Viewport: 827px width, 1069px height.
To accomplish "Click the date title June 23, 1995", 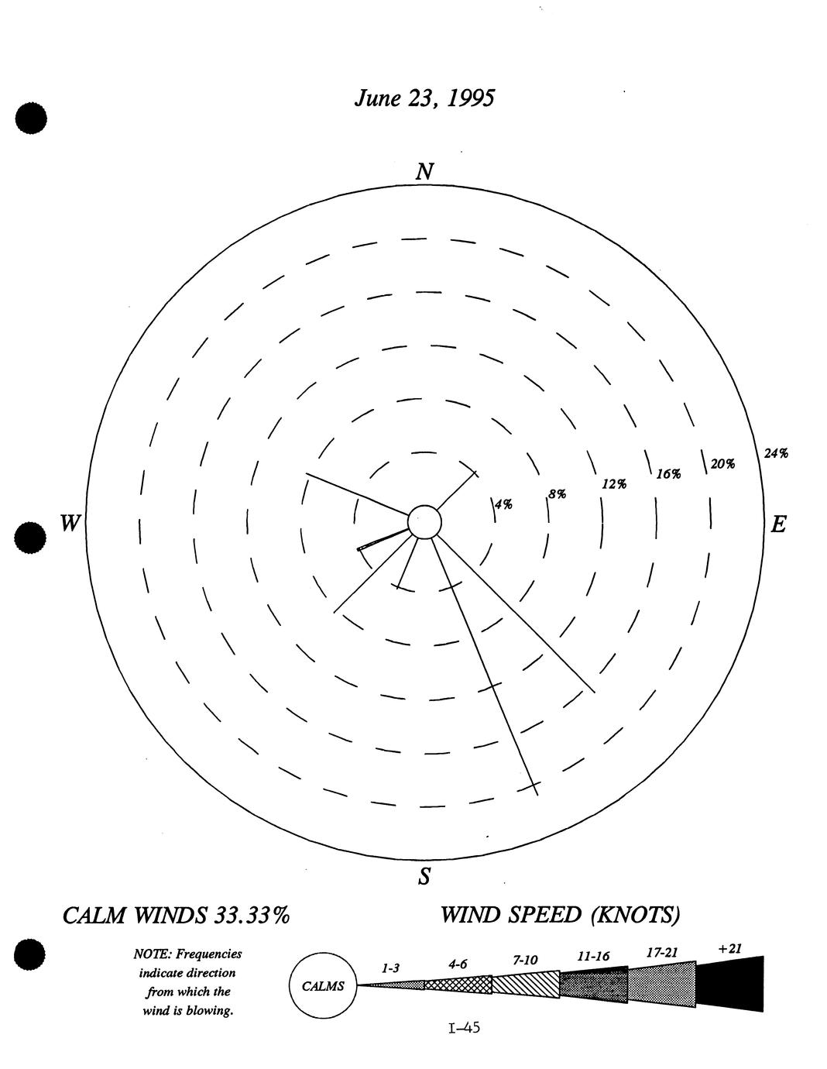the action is (x=424, y=98).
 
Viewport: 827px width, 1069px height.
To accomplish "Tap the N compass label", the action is (x=425, y=172).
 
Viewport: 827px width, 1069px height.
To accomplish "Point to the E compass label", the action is (x=778, y=524).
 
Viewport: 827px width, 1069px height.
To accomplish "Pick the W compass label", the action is (x=70, y=522).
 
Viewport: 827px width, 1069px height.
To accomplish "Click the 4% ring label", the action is (x=503, y=504).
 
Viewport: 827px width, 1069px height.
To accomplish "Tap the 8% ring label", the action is (x=558, y=494).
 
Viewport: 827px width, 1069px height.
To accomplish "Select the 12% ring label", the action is (x=615, y=484).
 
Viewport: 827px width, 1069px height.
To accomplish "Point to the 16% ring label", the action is (x=669, y=474).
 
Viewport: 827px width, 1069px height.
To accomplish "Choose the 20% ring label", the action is (x=722, y=464).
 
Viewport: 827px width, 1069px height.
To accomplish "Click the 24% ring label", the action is (x=776, y=454).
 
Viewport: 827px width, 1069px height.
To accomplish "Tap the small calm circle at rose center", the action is (x=425, y=522).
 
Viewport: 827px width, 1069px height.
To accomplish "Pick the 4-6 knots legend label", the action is (x=458, y=964).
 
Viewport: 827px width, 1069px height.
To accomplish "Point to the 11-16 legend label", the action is (x=593, y=956).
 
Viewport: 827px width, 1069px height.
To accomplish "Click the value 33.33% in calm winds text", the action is (x=252, y=916).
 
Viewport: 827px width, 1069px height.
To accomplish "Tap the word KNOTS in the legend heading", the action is (x=636, y=915).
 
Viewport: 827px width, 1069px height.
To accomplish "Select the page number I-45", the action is (x=464, y=1027).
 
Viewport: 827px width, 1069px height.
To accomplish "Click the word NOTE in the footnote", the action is (x=153, y=954).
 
